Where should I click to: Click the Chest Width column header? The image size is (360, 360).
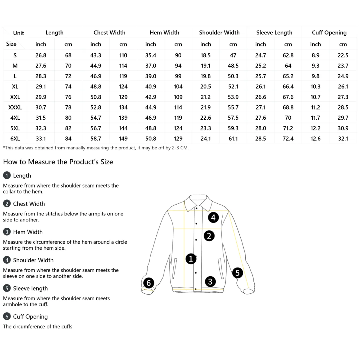[x=109, y=32]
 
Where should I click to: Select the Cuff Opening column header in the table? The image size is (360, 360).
[x=329, y=32]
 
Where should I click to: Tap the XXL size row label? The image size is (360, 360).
[x=15, y=97]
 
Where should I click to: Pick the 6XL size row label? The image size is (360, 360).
[x=15, y=139]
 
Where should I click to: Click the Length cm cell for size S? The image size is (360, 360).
[x=68, y=55]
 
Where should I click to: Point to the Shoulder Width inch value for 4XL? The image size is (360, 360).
[x=205, y=118]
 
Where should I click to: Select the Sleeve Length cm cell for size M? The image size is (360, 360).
[x=288, y=66]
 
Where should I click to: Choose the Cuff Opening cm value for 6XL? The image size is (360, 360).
[x=343, y=139]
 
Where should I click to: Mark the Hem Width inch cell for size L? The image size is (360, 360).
[x=151, y=76]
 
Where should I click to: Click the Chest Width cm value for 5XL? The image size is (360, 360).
[x=123, y=128]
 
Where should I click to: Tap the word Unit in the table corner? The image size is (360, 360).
[x=18, y=33]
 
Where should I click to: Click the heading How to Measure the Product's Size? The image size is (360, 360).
[x=58, y=162]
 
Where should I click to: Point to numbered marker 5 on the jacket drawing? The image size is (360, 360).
[x=238, y=273]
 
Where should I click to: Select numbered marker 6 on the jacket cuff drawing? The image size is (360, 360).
[x=148, y=283]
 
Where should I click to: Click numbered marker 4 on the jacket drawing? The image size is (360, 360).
[x=213, y=217]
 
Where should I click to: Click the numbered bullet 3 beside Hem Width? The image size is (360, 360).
[x=7, y=232]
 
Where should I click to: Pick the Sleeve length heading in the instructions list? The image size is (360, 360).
[x=30, y=288]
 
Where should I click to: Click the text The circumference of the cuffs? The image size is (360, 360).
[x=37, y=326]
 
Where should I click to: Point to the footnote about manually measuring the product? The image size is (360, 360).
[x=96, y=148]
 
